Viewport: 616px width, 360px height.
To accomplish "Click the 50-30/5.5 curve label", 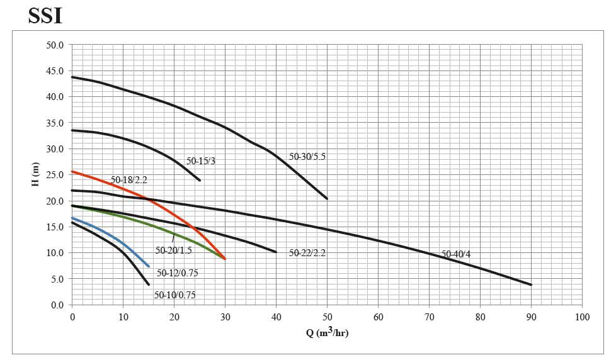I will (x=307, y=157).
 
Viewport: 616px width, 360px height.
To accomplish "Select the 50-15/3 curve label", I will (x=201, y=161).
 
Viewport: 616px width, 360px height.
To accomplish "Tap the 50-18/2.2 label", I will (x=129, y=180).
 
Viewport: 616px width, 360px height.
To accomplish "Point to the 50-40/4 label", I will (x=456, y=254).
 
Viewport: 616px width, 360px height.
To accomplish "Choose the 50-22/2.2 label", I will (x=307, y=253).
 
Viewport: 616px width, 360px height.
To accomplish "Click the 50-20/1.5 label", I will (x=173, y=250).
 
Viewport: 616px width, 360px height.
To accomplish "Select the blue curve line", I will (x=113, y=238).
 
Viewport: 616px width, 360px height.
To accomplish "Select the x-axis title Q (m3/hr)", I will (x=327, y=332).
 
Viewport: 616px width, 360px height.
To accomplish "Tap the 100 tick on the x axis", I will (x=582, y=317).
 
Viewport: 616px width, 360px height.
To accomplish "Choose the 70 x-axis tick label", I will (x=429, y=317).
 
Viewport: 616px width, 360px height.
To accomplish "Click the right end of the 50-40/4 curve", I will (x=531, y=284).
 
